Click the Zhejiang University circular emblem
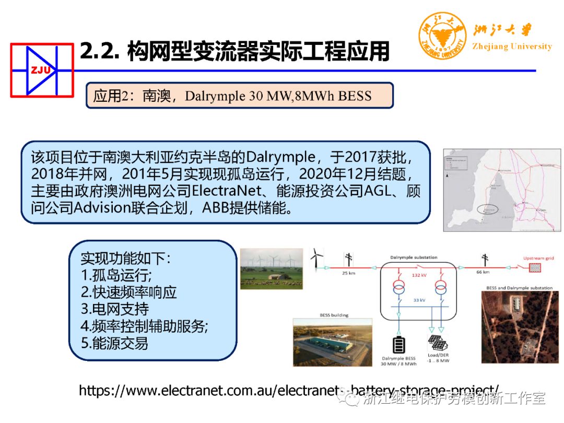442,36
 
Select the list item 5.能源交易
114,343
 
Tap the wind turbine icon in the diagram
316,258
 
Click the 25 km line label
349,273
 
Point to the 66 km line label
483,272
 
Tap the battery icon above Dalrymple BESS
399,346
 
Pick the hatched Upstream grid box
535,267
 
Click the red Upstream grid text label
538,258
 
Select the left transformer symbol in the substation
399,288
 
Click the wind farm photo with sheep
271,268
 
